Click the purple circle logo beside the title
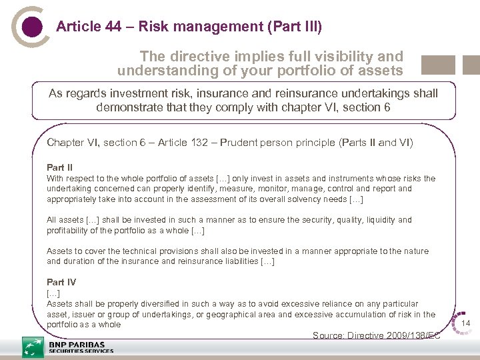[x=31, y=27]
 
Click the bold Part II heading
[x=60, y=167]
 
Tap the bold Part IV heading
[x=61, y=282]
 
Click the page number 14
[x=466, y=323]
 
